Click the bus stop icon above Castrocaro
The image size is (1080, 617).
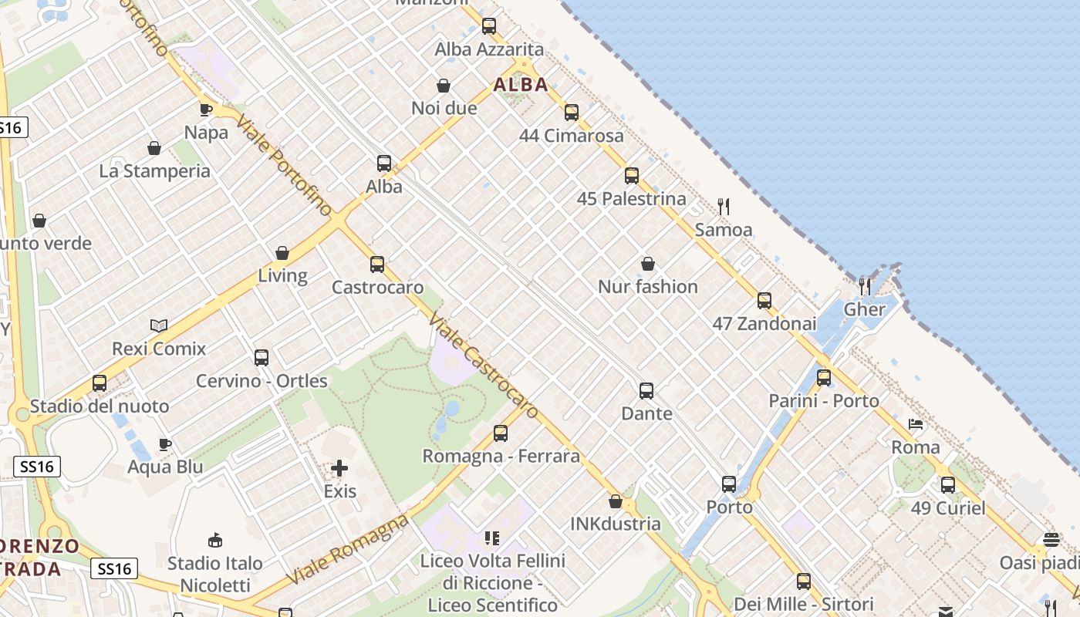[x=377, y=265]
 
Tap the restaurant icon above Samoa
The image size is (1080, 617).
[x=724, y=207]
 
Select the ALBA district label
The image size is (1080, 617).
[x=521, y=85]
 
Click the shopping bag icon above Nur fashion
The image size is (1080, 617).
[x=648, y=265]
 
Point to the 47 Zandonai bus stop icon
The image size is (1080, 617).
[x=764, y=301]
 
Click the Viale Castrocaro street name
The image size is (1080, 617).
[x=484, y=366]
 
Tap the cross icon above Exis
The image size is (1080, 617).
[x=339, y=468]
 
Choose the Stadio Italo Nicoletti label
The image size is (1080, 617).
[x=215, y=574]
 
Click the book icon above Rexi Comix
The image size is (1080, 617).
[x=159, y=326]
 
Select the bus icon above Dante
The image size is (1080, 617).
[x=646, y=391]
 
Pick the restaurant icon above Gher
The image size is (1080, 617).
[x=865, y=287]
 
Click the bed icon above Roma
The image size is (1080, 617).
[x=916, y=425]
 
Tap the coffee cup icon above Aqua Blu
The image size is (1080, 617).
[x=164, y=444]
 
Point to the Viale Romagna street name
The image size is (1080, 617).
[x=346, y=549]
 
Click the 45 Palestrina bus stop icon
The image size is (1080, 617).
[x=632, y=176]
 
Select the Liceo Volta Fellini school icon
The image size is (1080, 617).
[x=492, y=538]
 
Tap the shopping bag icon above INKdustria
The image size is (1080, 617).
[x=616, y=502]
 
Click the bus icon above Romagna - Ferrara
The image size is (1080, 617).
[x=501, y=433]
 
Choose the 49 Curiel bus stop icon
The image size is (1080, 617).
[x=948, y=485]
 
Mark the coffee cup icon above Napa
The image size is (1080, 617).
[x=206, y=110]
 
